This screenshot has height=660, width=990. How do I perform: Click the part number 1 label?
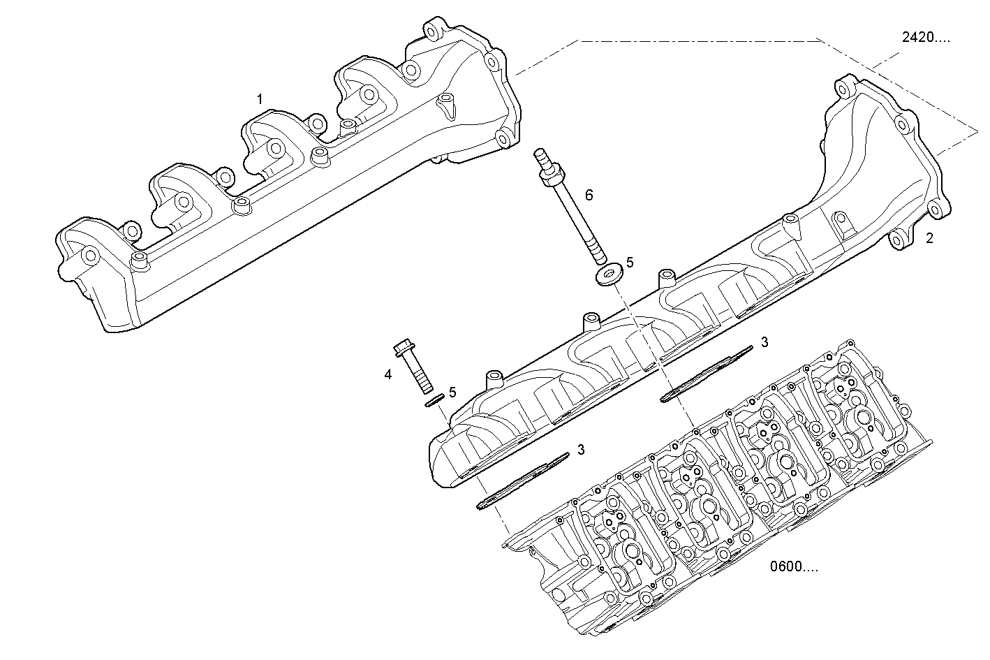(x=260, y=100)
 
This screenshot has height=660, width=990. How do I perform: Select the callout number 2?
(x=929, y=238)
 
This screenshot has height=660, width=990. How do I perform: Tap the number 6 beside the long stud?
(x=589, y=195)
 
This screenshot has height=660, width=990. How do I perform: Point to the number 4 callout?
(x=387, y=374)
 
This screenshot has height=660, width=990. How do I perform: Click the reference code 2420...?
(x=925, y=38)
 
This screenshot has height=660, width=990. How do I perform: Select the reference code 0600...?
(x=794, y=566)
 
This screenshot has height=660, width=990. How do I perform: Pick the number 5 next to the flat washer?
(x=629, y=262)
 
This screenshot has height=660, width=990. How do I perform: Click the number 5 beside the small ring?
(x=452, y=393)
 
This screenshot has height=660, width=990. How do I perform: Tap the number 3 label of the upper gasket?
(x=764, y=342)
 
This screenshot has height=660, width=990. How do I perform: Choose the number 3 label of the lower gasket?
(x=581, y=449)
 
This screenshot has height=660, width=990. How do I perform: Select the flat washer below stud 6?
(x=609, y=274)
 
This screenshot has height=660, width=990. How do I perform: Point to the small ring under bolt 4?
(x=434, y=401)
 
